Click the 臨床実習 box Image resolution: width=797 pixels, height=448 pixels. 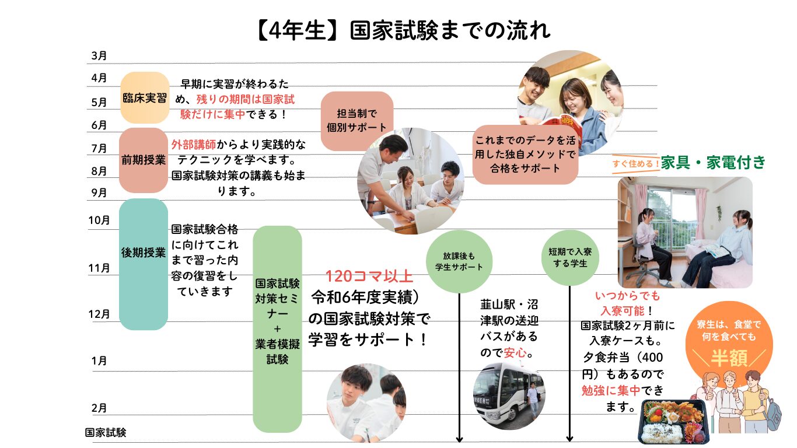point(144,97)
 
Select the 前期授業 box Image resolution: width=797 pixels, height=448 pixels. point(144,160)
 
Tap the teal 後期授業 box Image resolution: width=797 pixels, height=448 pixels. point(144,264)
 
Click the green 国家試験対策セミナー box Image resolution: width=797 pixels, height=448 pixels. point(277,329)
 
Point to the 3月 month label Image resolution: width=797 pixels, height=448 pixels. point(99,56)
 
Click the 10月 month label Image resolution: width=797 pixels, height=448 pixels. point(99,220)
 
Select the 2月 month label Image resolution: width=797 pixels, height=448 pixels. point(99,408)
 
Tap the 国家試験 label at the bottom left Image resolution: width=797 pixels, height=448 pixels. point(106,433)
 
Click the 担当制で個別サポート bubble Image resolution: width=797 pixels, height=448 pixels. point(357,121)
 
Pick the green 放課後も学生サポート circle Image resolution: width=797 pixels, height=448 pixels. point(459,261)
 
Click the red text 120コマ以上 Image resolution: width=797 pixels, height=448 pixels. point(369,276)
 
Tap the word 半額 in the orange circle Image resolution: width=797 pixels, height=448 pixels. point(729,358)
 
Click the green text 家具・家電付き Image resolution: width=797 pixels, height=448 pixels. point(713,163)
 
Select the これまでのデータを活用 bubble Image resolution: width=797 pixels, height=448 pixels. point(525,155)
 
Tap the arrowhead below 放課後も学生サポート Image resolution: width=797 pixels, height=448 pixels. point(459,438)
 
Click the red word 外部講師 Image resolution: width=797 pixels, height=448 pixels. point(193,144)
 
